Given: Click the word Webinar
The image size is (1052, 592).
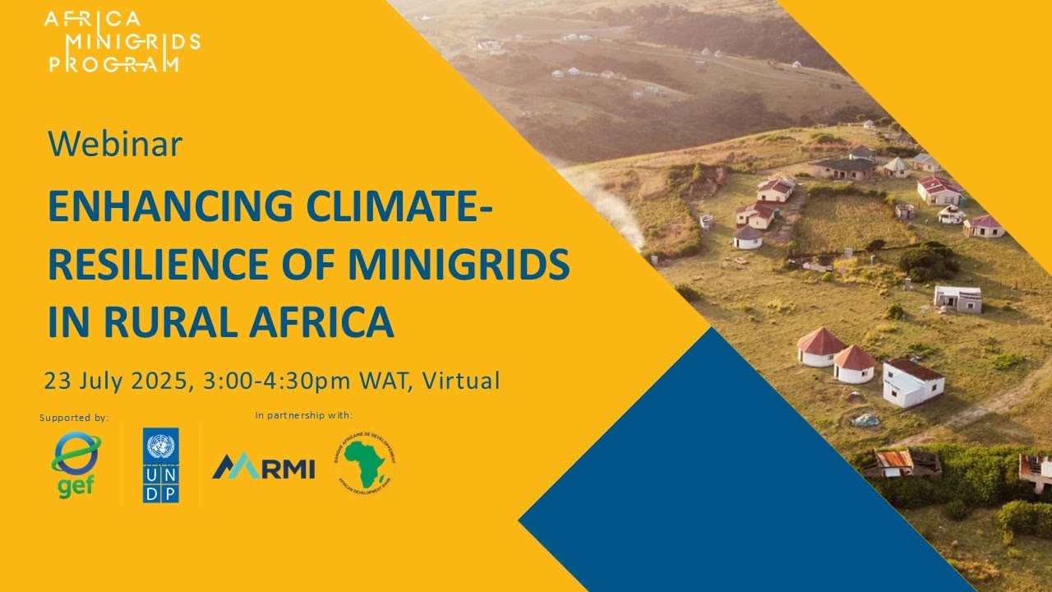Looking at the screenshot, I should pyautogui.click(x=114, y=145).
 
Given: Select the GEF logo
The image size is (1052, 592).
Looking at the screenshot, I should pyautogui.click(x=76, y=466).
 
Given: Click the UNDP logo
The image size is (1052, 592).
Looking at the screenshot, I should pyautogui.click(x=160, y=465).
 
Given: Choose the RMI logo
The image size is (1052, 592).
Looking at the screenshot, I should pyautogui.click(x=263, y=467).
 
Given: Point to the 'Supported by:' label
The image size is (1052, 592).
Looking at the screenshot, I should pyautogui.click(x=74, y=418).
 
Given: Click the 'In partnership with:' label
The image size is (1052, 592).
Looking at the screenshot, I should pyautogui.click(x=309, y=415).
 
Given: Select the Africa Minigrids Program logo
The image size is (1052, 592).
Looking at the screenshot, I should pyautogui.click(x=123, y=43).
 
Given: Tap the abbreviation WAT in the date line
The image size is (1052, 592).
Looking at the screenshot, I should pyautogui.click(x=389, y=382).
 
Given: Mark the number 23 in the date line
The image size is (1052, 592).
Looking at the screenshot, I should pyautogui.click(x=57, y=382).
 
